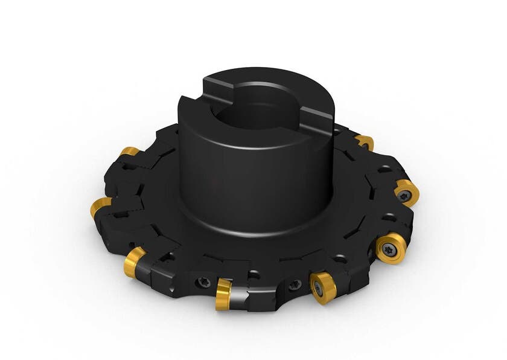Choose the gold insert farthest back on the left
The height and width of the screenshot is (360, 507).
128,151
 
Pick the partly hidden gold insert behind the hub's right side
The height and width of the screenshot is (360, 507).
364,143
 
